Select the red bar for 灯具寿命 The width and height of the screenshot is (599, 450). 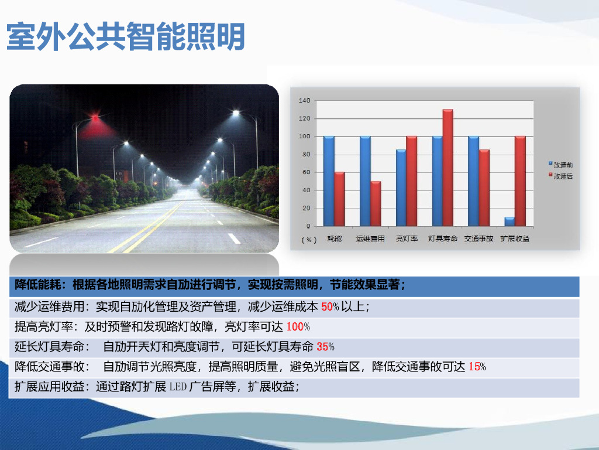(x=447, y=168)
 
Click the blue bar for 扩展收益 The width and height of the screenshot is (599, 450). (x=510, y=221)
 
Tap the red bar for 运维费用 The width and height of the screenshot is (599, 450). (x=376, y=203)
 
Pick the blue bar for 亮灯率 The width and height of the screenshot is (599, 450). (x=401, y=187)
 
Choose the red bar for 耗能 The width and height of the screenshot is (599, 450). (x=339, y=199)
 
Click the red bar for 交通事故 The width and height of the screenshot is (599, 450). (x=484, y=187)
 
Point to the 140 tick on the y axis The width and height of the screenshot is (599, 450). (x=304, y=101)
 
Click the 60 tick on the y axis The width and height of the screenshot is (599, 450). (x=306, y=172)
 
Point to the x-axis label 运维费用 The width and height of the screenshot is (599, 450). (x=370, y=239)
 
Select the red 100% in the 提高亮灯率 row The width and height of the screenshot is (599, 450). (x=298, y=327)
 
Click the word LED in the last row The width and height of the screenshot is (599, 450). (x=178, y=387)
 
